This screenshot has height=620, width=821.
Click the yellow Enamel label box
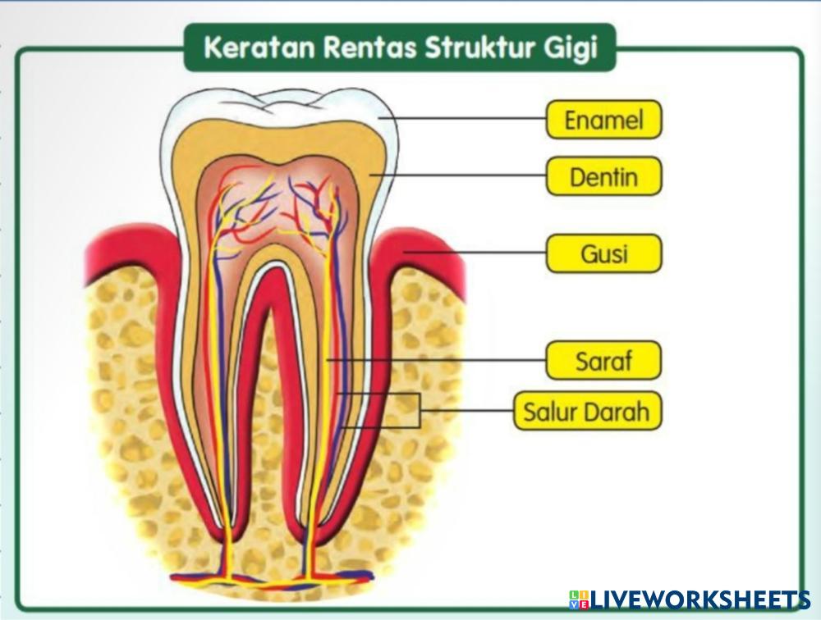[x=603, y=121]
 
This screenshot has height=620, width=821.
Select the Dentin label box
[x=603, y=176]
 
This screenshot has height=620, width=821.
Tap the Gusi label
[x=603, y=253]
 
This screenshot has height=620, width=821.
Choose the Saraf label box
[x=603, y=361]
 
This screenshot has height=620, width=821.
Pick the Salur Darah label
[x=587, y=411]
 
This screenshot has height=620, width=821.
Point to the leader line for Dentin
[x=460, y=175]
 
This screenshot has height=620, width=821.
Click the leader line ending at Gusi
[x=476, y=253]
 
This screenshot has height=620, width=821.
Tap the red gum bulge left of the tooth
[x=131, y=246]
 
